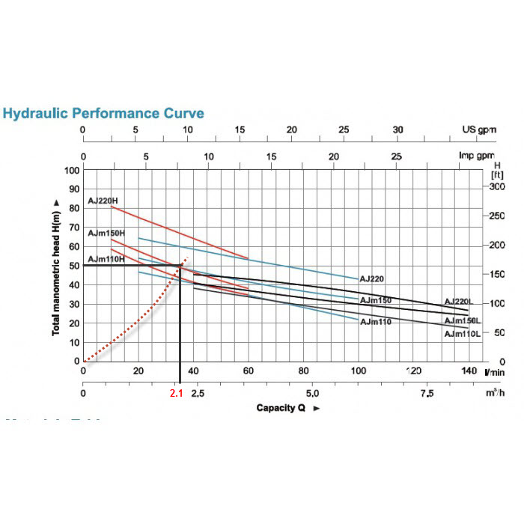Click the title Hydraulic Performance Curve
103,114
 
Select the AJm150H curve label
106,233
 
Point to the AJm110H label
106,259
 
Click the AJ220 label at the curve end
371,278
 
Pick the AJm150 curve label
376,300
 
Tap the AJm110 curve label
376,322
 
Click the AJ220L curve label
458,301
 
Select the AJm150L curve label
462,320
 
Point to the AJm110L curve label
462,334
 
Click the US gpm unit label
478,129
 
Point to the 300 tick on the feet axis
496,186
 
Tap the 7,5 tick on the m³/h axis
426,393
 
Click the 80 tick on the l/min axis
303,371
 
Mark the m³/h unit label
492,393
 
